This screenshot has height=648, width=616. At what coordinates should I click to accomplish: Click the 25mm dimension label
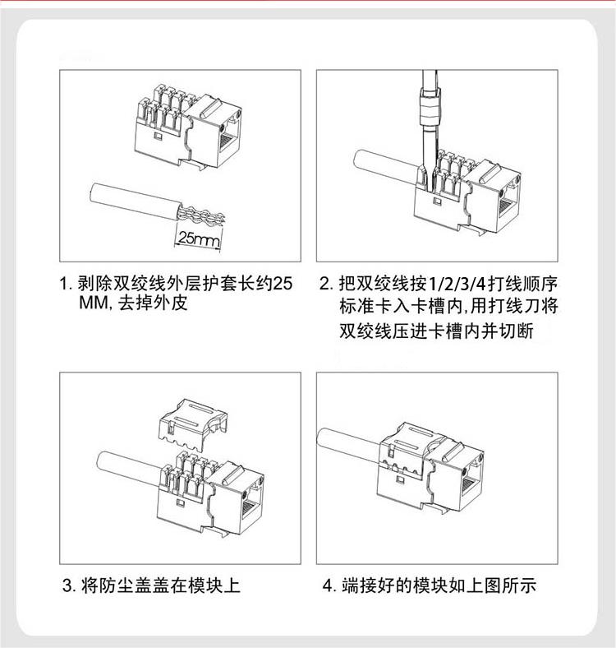(199, 238)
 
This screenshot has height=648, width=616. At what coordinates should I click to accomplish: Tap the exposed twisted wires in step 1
(201, 215)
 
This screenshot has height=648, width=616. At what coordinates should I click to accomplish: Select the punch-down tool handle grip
(430, 106)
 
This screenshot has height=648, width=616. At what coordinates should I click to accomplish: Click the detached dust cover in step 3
(193, 425)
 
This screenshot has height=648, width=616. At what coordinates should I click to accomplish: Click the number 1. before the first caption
(66, 284)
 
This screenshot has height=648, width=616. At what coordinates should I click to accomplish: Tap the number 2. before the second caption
(326, 284)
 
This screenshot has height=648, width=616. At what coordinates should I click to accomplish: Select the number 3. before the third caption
(69, 586)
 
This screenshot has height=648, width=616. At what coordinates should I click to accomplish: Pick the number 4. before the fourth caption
(329, 586)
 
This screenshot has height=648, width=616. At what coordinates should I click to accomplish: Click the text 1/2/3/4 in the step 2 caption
(457, 285)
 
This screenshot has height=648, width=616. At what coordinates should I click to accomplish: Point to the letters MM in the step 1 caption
(93, 303)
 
